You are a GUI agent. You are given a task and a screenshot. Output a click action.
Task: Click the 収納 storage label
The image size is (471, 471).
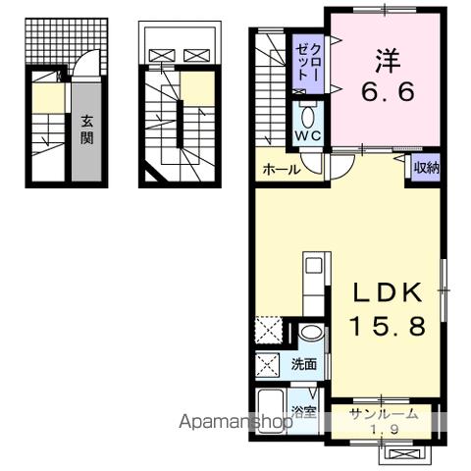coord(425,168)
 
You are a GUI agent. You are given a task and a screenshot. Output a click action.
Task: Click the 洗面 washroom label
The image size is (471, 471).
coord(304,365)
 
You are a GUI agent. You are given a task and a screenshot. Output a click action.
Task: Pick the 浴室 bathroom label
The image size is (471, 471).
coord(304,411)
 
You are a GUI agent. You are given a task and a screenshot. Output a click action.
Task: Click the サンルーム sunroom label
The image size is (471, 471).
coord(385,414)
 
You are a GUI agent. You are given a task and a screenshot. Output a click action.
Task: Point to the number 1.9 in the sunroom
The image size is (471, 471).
coord(385,428)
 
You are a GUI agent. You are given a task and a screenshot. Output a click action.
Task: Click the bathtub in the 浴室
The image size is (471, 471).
coord(274,411)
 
